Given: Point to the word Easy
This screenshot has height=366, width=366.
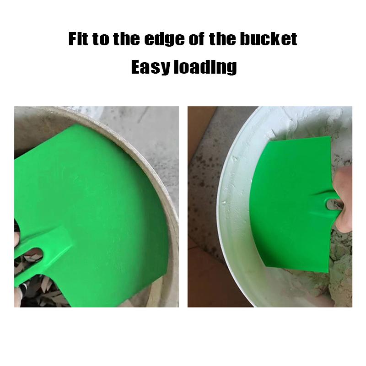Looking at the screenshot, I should click(x=150, y=67).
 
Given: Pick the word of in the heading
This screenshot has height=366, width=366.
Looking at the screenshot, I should click(x=199, y=39).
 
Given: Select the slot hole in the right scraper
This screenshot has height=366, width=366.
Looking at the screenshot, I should click(x=330, y=204).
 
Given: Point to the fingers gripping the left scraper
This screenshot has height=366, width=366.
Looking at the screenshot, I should click(x=17, y=238).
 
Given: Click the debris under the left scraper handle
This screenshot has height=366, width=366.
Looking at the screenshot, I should click(x=50, y=288).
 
